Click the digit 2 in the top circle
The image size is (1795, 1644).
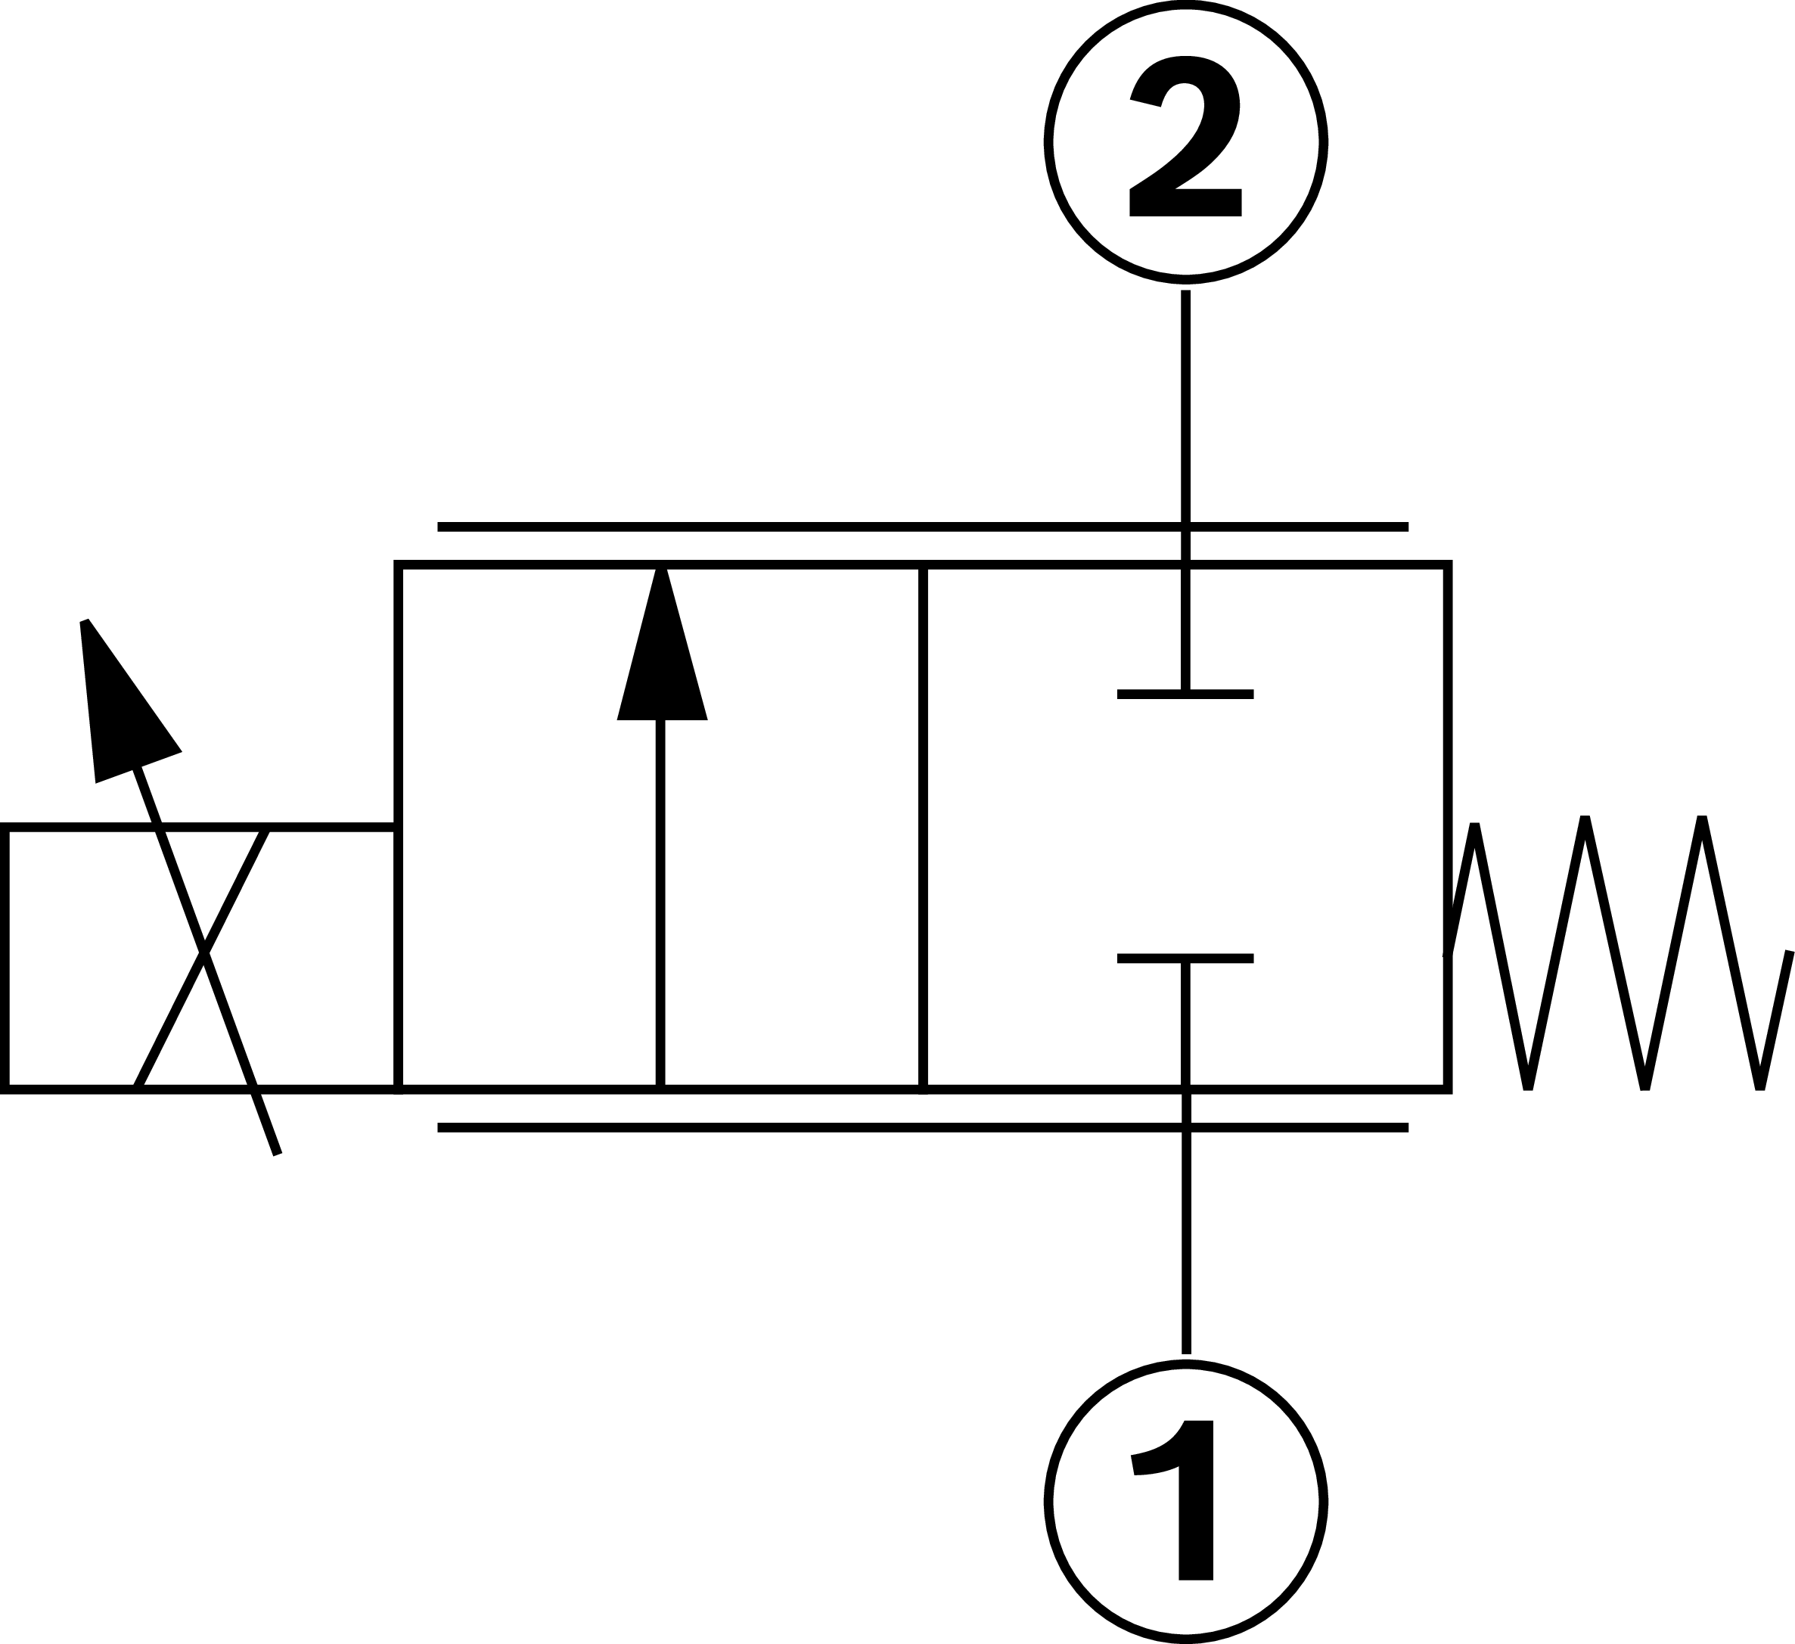(1185, 135)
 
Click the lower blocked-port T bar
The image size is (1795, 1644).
(1185, 959)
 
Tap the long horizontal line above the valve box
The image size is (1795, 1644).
(922, 527)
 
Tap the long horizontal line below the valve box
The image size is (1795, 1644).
(922, 1128)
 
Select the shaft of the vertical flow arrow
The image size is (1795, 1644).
(660, 904)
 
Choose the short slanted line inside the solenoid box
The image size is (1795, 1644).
(201, 959)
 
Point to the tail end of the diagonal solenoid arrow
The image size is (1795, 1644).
(278, 1155)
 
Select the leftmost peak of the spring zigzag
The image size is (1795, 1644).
(1474, 826)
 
